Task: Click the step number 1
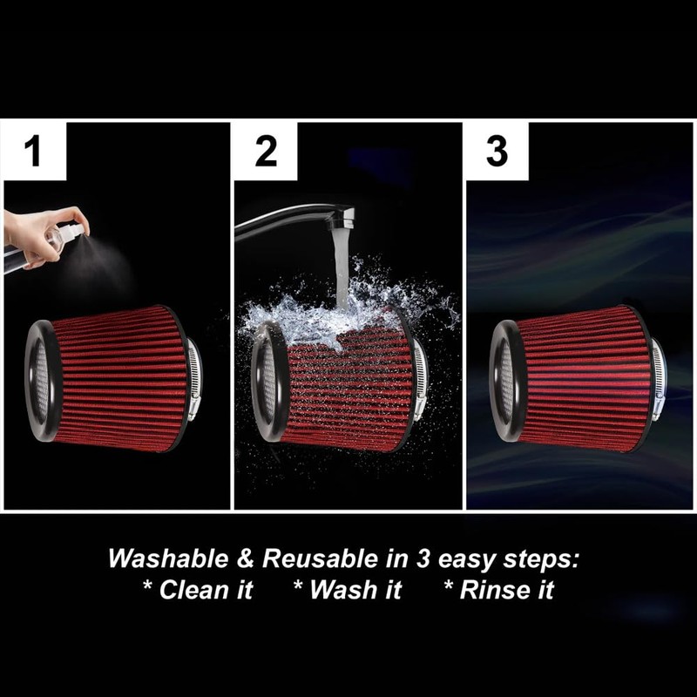(x=34, y=152)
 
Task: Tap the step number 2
(x=266, y=152)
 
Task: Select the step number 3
(x=497, y=152)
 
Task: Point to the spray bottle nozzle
(x=77, y=228)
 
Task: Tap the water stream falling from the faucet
(x=341, y=261)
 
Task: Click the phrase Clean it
(x=205, y=590)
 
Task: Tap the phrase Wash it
(x=355, y=590)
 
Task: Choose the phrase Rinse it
(x=505, y=590)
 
